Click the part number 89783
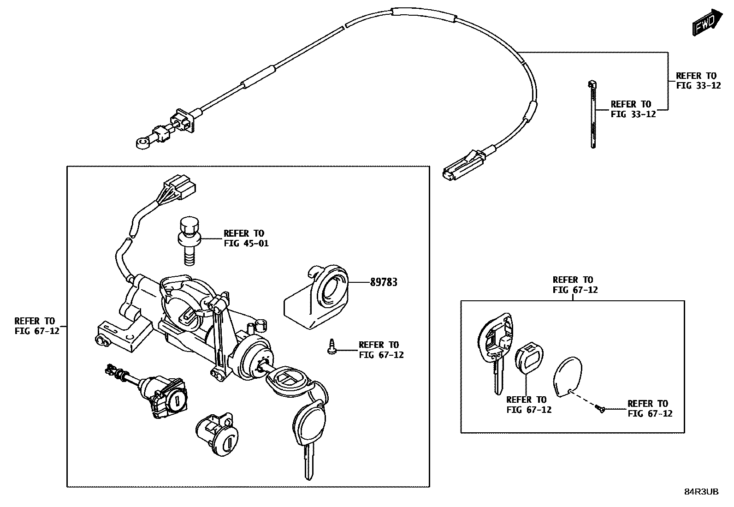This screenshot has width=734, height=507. [x=384, y=282]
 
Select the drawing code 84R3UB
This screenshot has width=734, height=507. [x=701, y=492]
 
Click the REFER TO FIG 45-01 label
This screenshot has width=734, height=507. [x=246, y=239]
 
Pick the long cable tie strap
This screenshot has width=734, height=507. [x=592, y=115]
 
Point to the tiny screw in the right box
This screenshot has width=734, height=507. [x=599, y=408]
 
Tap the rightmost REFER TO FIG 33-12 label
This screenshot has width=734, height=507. [x=698, y=80]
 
